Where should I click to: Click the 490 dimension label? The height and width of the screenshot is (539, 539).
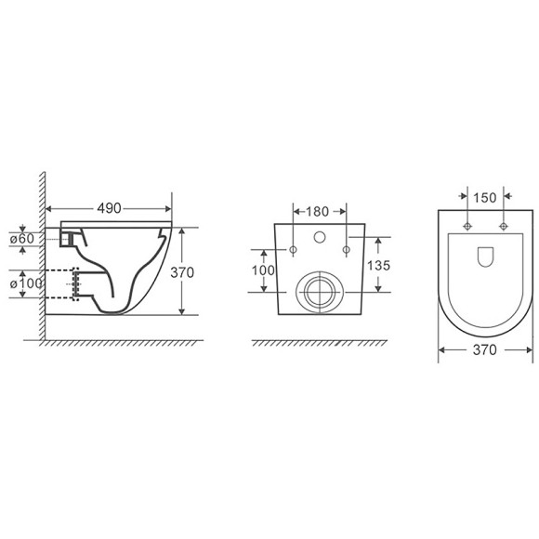(x=109, y=208)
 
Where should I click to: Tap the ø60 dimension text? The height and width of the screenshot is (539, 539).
(x=22, y=238)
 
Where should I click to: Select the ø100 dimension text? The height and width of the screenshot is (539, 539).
(x=26, y=283)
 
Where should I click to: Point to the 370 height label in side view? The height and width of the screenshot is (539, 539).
(x=182, y=272)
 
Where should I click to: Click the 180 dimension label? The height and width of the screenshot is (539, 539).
(x=317, y=211)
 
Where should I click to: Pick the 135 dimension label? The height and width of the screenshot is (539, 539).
(x=378, y=266)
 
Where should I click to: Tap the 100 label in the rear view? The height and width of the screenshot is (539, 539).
(x=263, y=270)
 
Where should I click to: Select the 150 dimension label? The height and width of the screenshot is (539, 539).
(x=485, y=198)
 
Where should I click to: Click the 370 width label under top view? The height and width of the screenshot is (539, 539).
(x=485, y=349)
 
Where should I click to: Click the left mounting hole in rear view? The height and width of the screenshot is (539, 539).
(x=294, y=250)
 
